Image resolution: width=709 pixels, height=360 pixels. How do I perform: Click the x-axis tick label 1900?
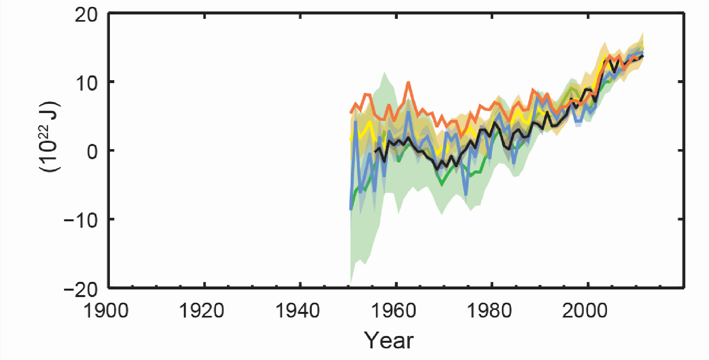106,311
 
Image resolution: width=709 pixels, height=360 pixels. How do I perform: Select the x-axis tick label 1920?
202,311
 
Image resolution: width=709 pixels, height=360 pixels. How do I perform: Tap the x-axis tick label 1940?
298,311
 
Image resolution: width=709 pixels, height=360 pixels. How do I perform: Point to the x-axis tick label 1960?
394,311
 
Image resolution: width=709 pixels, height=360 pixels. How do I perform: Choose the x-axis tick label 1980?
490,311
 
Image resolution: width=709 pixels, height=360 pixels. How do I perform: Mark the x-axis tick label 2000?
585,311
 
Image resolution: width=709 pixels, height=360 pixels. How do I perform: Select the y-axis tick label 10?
86,83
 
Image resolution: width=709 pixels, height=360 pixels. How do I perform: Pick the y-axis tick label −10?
81,220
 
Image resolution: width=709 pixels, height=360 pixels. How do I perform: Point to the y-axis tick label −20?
81,289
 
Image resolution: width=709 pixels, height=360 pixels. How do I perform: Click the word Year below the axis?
388,341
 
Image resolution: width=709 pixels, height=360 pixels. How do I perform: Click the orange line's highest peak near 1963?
408,82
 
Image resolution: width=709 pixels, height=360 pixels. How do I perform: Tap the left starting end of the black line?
375,151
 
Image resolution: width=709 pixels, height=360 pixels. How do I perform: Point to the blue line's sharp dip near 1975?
466,195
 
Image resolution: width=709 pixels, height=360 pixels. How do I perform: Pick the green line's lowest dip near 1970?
442,185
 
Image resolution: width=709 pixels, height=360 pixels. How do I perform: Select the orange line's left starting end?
351,113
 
